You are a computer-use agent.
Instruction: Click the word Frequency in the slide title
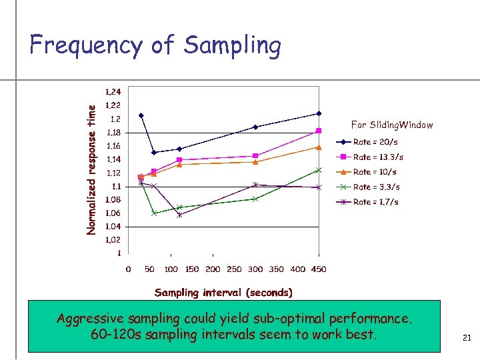click(x=85, y=46)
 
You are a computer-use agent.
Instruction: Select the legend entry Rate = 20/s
click(x=375, y=142)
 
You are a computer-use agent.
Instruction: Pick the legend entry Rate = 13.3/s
click(x=378, y=157)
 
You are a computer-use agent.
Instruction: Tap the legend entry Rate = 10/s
click(x=375, y=172)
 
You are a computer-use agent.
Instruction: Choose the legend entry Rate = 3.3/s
click(x=377, y=187)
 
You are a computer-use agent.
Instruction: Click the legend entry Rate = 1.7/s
click(x=377, y=202)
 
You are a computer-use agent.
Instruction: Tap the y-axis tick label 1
click(x=119, y=254)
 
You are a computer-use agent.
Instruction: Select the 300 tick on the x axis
click(x=255, y=269)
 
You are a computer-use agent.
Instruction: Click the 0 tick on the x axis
click(x=129, y=269)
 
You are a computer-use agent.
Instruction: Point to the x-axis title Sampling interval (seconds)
click(x=223, y=292)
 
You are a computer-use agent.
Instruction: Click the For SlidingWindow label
click(x=392, y=125)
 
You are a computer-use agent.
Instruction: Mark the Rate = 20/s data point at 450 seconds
click(x=319, y=113)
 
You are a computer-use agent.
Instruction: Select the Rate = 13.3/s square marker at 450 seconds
click(x=319, y=131)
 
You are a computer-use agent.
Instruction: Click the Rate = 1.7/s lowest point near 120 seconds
click(x=179, y=215)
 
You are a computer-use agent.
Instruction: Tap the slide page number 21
click(x=467, y=339)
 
